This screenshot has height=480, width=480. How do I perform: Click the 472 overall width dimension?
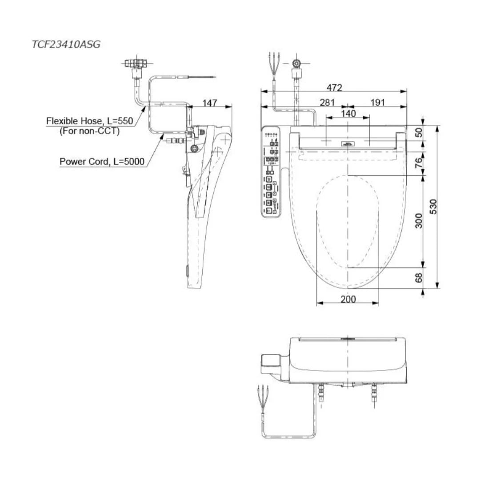point(334,88)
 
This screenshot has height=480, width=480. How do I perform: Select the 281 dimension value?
point(327,103)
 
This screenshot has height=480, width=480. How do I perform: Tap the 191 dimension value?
point(377,103)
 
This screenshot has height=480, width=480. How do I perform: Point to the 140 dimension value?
point(348,113)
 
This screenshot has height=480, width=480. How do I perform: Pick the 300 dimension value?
point(418,220)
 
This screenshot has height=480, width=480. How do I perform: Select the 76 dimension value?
point(418,163)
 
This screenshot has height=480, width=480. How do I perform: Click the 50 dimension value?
point(418,132)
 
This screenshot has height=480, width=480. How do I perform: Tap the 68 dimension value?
point(418,278)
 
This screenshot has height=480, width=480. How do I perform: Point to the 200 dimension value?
point(348,299)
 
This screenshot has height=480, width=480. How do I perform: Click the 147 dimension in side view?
point(210,103)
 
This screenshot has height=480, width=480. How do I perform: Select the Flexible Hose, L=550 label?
point(90,121)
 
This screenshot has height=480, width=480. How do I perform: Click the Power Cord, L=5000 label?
point(102,161)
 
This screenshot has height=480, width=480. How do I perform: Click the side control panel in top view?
point(271,172)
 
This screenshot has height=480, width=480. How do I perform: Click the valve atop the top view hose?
point(296,64)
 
